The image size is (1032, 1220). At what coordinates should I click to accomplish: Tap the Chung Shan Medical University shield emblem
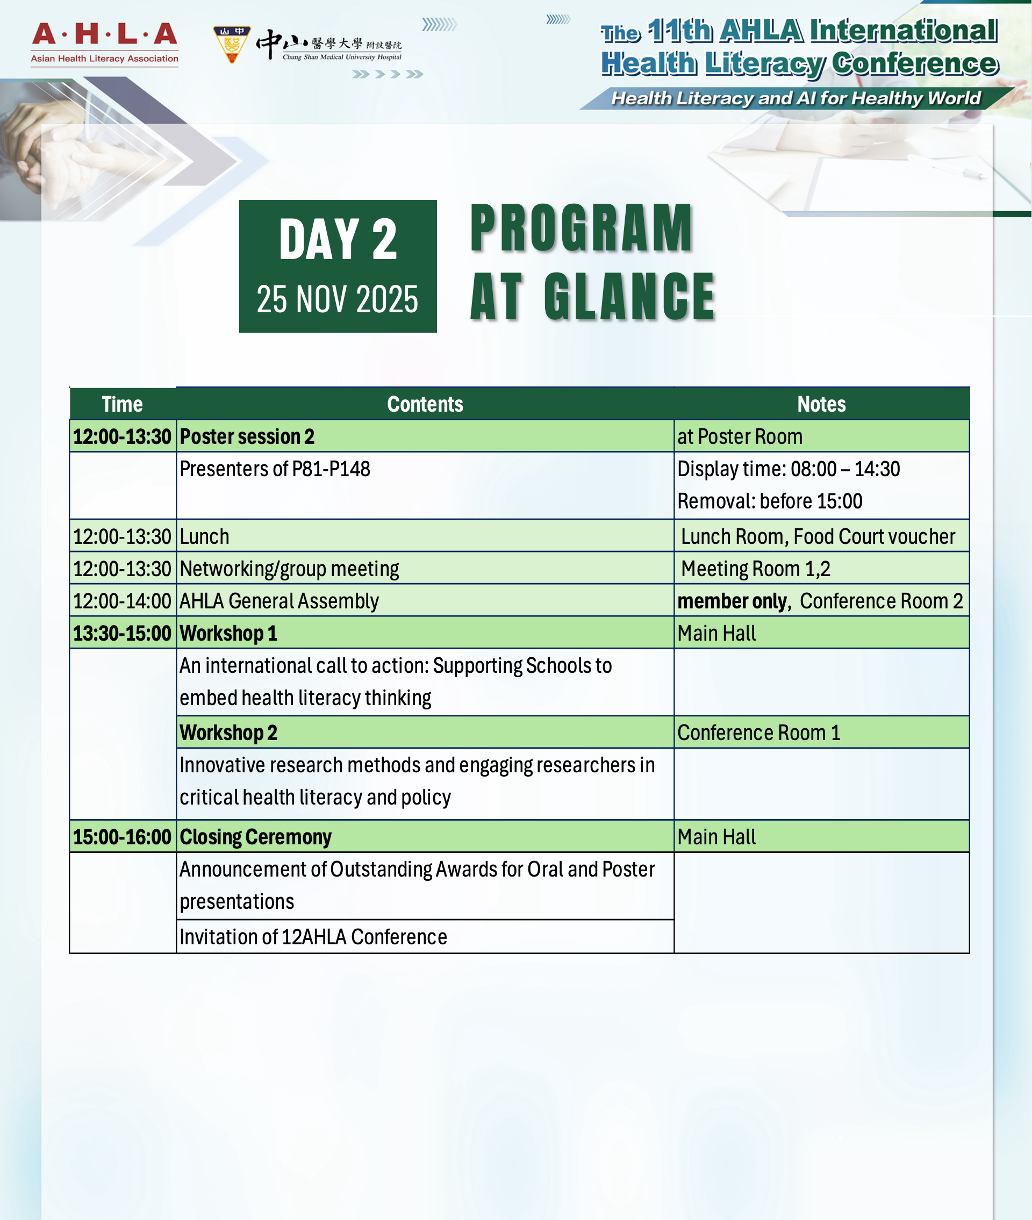(232, 44)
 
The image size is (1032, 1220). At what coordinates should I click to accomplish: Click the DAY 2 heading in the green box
(338, 239)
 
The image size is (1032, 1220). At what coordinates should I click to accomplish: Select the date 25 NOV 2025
(338, 299)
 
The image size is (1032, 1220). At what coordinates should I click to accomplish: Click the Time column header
(122, 404)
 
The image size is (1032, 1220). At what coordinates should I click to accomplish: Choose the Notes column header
(821, 404)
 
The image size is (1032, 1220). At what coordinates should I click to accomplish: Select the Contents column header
(425, 404)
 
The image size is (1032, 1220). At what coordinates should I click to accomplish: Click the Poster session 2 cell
(247, 437)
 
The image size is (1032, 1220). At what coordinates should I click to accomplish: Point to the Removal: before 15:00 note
(769, 501)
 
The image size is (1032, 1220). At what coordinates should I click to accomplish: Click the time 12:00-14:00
(122, 601)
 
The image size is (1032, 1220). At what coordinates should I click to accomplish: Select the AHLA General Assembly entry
(279, 601)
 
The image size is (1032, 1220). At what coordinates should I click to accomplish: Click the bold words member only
(732, 601)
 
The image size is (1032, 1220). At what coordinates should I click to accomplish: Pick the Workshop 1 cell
(228, 634)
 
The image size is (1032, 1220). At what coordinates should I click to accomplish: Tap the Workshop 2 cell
(228, 733)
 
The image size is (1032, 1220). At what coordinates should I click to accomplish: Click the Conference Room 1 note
(758, 733)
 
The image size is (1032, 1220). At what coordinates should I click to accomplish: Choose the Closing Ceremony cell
(255, 837)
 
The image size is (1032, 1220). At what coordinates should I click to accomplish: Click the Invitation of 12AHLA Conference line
(313, 937)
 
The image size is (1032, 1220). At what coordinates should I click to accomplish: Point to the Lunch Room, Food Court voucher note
(818, 537)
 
